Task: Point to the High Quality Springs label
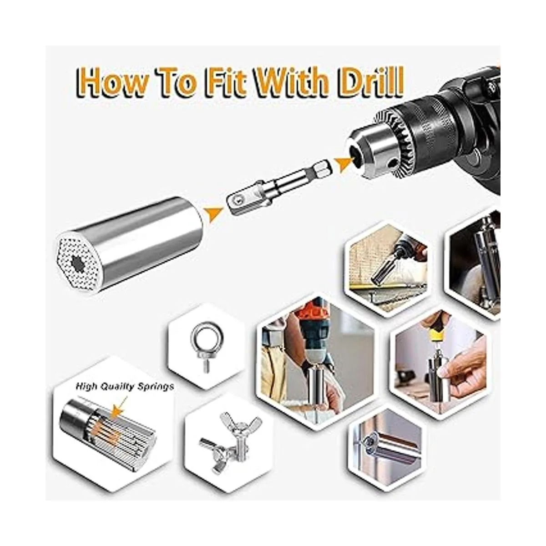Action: coord(125,386)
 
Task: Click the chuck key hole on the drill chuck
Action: coord(392,162)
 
